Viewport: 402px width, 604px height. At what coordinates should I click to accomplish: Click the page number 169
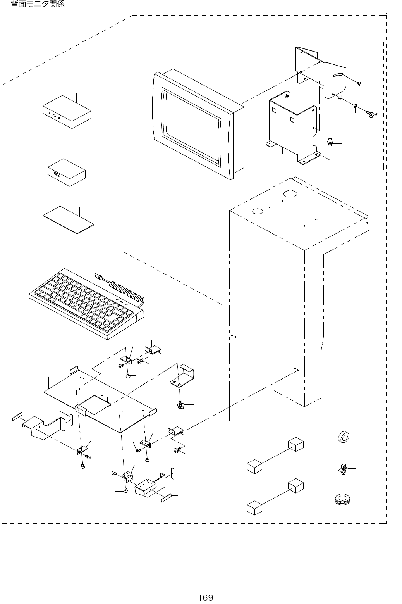tap(206, 597)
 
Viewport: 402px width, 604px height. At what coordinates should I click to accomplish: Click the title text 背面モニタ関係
tap(38, 4)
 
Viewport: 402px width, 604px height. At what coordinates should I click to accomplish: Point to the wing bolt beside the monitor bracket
tap(372, 114)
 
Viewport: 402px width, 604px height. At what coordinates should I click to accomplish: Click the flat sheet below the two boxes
tap(69, 220)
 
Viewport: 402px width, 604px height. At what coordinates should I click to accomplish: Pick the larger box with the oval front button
tap(67, 112)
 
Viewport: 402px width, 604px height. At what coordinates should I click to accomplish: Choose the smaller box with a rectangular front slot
tap(67, 172)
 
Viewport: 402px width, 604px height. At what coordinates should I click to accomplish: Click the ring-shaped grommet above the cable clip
tap(343, 437)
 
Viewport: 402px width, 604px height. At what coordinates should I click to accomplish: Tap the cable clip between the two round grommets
tap(343, 469)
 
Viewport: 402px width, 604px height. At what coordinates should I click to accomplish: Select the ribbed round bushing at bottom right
tap(342, 499)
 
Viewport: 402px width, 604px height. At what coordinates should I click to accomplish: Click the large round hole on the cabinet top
tap(290, 193)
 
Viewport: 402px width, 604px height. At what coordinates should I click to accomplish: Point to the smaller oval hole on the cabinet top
tap(257, 211)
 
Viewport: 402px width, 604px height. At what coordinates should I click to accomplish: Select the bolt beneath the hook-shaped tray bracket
tap(180, 404)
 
